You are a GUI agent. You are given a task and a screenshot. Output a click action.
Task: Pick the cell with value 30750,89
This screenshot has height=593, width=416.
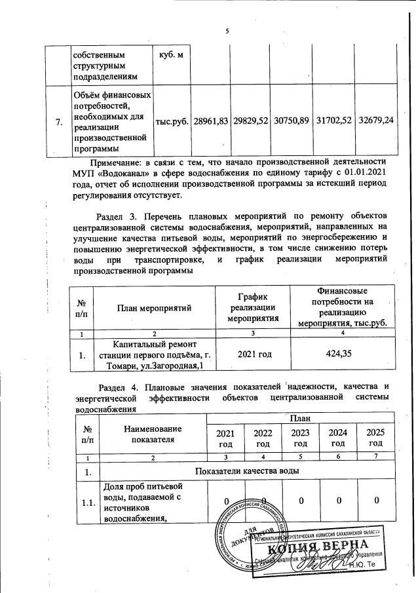292,122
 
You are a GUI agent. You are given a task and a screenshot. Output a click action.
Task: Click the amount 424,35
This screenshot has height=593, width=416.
340,354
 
